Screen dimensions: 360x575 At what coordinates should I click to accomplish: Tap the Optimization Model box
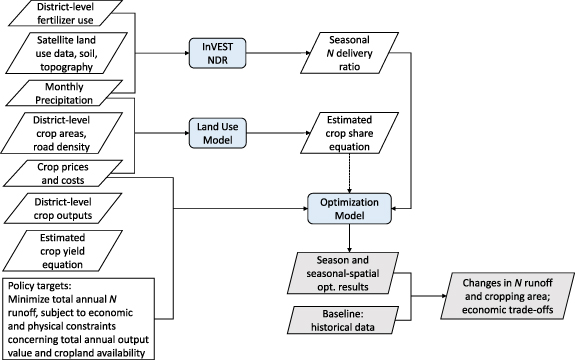point(349,206)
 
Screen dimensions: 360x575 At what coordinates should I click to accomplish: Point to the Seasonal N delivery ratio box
point(349,52)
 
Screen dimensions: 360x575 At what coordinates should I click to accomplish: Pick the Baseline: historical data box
point(349,323)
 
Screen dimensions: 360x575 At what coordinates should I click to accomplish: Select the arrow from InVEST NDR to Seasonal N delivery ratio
point(277,52)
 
